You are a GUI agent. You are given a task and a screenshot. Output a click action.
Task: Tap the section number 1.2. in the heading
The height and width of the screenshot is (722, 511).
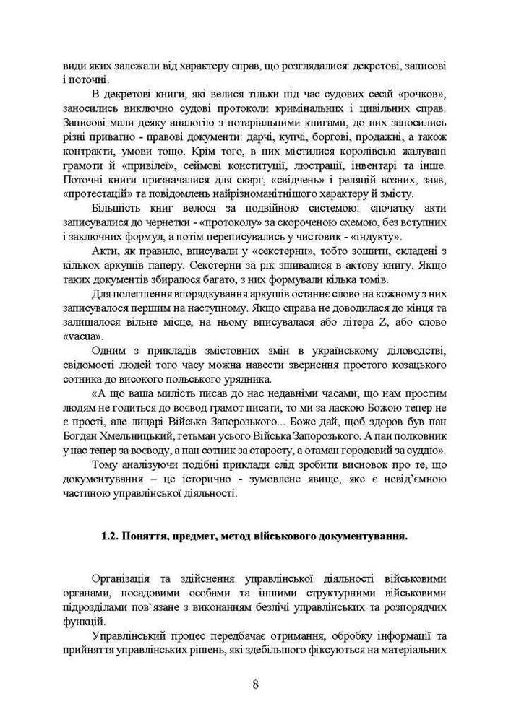click(x=111, y=536)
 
